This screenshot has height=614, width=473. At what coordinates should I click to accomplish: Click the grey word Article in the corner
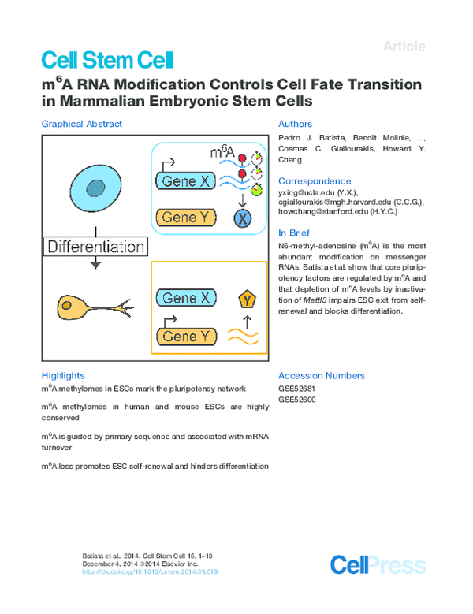[404, 47]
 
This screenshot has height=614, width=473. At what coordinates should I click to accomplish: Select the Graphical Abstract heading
[81, 124]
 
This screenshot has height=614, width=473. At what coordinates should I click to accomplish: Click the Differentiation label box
[95, 246]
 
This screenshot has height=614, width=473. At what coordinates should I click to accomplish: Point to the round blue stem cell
[95, 188]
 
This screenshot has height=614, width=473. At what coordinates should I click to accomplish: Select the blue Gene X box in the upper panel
[186, 182]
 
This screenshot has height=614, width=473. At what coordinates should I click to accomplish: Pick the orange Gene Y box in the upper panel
[186, 218]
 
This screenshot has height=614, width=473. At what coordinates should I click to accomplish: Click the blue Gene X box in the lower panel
[186, 298]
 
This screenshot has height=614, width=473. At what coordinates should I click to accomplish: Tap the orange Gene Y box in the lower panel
[186, 337]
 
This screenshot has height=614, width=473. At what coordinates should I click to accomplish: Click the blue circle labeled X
[243, 218]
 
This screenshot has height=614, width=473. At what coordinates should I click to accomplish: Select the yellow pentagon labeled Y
[248, 300]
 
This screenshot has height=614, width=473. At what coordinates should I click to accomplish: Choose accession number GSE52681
[296, 389]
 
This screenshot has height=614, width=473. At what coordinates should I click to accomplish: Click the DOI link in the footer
[150, 571]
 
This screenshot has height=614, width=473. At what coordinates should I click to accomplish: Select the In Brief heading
[294, 233]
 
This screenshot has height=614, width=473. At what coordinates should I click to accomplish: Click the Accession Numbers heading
[322, 376]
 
